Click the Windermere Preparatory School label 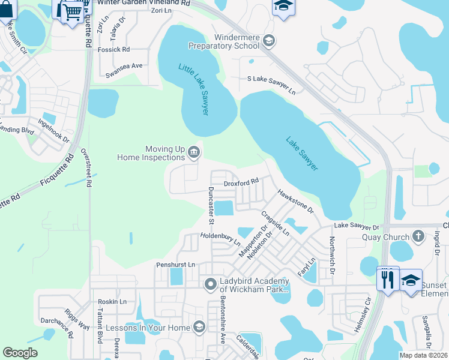224,41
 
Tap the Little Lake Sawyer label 196,89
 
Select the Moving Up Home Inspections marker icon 194,152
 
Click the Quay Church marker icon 418,236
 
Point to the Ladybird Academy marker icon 210,283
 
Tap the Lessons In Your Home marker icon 199,328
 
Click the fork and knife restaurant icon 387,279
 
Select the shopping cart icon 72,10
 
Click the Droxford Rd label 241,181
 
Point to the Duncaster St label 211,205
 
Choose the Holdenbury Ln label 220,240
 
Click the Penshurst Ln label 175,264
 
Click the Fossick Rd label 114,49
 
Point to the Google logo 20,353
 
